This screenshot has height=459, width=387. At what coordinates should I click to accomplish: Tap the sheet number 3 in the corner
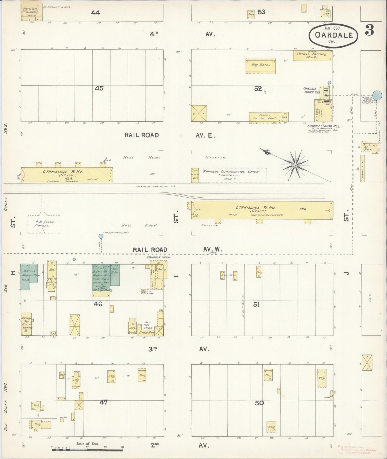(369, 31)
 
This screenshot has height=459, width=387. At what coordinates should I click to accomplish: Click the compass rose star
(295, 165)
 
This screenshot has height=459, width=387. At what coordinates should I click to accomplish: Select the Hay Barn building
(260, 66)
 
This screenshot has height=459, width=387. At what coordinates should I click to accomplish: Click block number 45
(99, 88)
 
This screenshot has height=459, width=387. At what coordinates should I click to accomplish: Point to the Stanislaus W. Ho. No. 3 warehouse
(67, 175)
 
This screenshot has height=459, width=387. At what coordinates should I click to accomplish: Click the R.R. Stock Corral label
(44, 223)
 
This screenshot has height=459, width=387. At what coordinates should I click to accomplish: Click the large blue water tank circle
(377, 95)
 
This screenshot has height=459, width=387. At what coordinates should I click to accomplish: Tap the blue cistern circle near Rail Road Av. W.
(101, 236)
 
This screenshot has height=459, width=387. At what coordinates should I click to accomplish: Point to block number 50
(259, 403)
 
